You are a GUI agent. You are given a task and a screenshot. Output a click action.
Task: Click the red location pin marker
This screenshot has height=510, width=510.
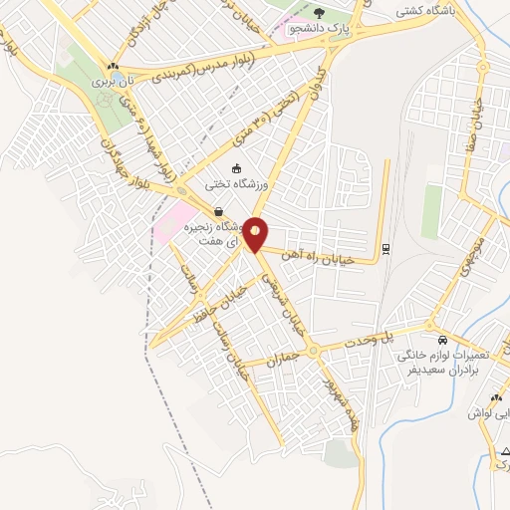[257, 234]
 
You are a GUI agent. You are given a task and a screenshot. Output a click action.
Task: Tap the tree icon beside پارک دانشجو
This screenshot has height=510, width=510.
[319, 12]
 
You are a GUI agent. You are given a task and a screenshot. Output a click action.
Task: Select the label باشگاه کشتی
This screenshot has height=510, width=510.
[421, 11]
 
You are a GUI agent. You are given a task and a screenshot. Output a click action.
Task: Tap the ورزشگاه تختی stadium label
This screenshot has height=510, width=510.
[237, 183]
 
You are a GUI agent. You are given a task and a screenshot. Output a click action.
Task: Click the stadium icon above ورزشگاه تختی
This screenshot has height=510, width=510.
[236, 168]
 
